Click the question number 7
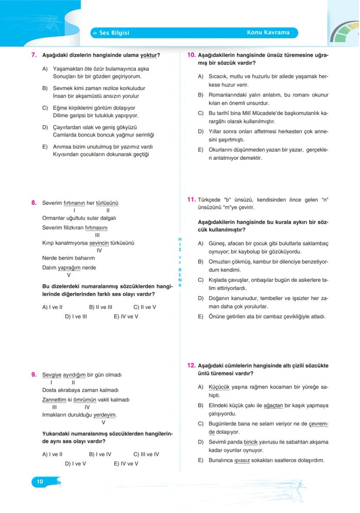[x=33, y=55]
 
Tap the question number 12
[x=191, y=366]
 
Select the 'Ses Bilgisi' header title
[x=114, y=33]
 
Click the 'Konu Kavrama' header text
[x=268, y=33]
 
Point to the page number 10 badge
[x=40, y=481]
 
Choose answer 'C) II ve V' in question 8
[x=145, y=307]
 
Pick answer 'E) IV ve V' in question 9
[x=126, y=463]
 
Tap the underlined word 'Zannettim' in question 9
[x=54, y=400]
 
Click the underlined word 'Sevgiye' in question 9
[x=52, y=375]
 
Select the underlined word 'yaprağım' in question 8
[x=70, y=268]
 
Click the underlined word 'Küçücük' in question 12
[x=219, y=387]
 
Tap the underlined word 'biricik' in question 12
[x=251, y=442]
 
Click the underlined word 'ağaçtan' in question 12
[x=273, y=406]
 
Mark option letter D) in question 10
[x=200, y=131]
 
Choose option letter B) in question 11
[x=200, y=262]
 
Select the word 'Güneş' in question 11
[x=217, y=243]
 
